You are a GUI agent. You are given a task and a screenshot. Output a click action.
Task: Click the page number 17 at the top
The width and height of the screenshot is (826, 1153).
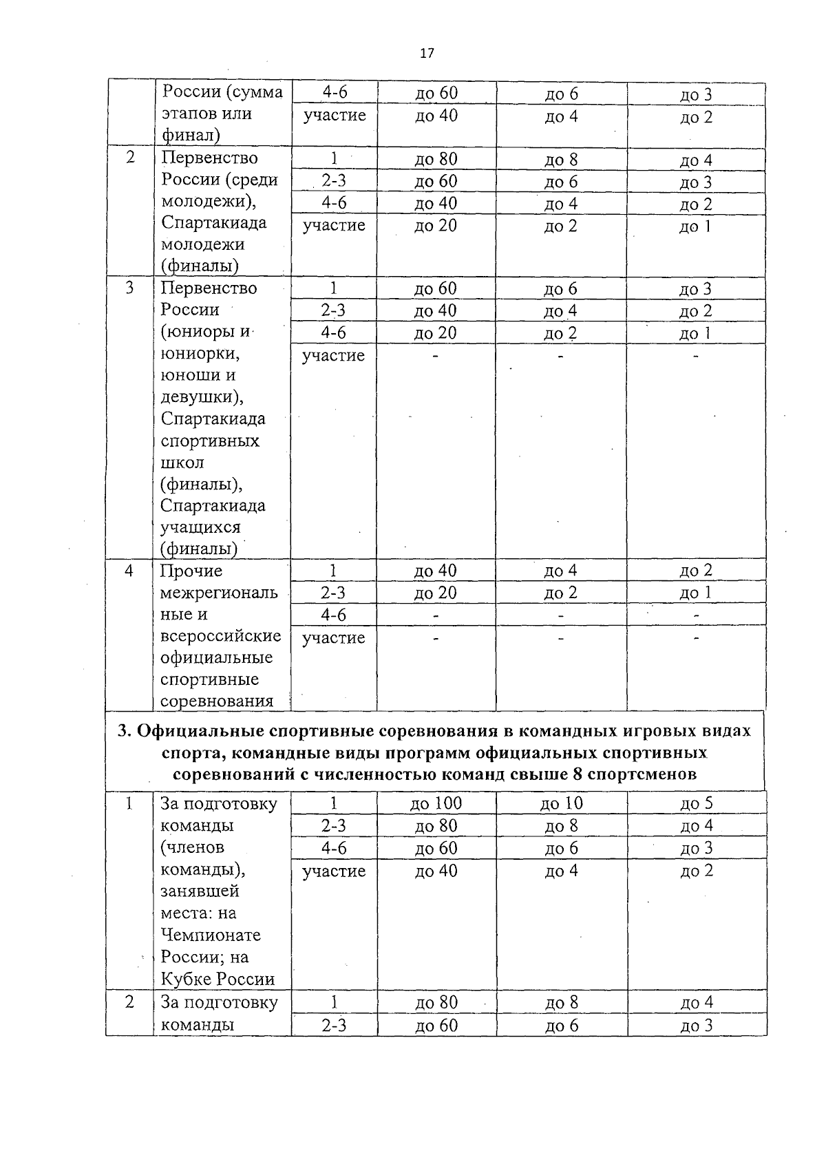tap(427, 54)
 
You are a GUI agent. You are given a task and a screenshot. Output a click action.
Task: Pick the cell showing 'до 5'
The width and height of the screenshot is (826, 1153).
tap(696, 803)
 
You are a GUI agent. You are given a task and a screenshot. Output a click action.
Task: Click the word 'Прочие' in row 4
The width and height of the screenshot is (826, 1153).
tap(191, 571)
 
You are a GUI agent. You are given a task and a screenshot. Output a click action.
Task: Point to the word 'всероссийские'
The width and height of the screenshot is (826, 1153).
tap(220, 635)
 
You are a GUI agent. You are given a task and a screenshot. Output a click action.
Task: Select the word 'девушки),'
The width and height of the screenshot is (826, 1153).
tap(202, 397)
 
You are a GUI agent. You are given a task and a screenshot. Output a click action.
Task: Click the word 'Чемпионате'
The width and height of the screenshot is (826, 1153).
tap(211, 935)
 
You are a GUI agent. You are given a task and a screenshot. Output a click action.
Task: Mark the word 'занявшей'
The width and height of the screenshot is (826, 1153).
tap(200, 891)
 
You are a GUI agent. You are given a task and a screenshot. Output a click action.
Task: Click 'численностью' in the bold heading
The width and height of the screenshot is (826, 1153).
tap(376, 774)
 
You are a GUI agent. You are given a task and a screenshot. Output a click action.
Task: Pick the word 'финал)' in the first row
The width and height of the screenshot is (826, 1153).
tap(191, 136)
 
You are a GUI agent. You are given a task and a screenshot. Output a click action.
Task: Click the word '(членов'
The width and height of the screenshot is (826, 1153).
tap(192, 847)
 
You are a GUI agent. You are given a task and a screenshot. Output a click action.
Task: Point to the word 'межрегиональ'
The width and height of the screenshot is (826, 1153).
tap(219, 593)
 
